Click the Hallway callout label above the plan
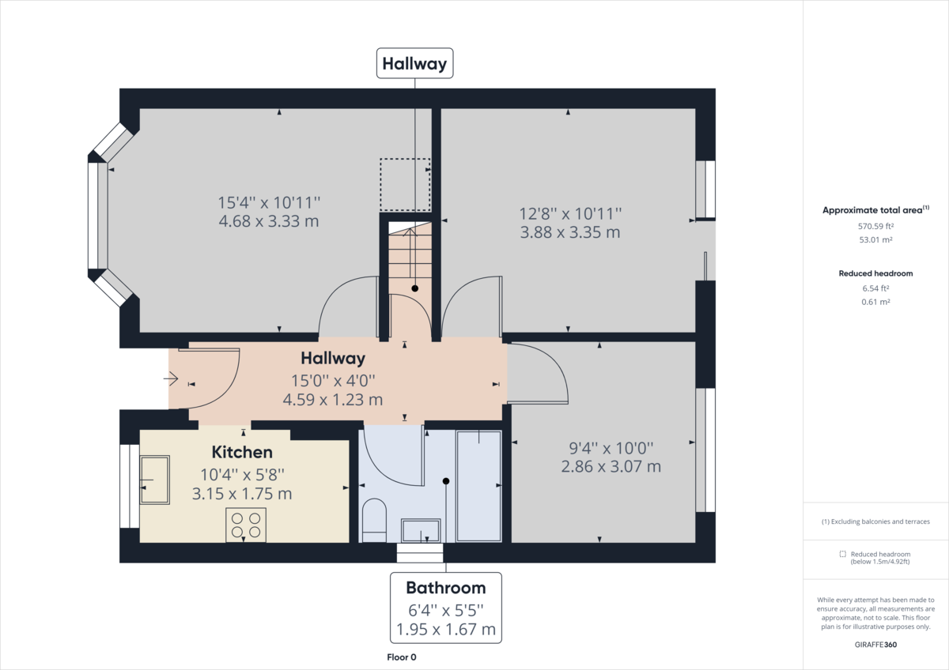[414, 63]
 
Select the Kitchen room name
[242, 453]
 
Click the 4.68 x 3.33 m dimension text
[268, 221]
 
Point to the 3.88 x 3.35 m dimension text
[569, 232]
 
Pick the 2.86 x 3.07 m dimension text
[611, 466]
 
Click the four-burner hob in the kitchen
[246, 525]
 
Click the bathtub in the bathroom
[478, 486]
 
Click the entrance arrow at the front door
[171, 379]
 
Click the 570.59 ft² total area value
[875, 226]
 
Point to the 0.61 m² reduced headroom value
[875, 302]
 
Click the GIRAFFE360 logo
[875, 644]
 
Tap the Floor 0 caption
[401, 657]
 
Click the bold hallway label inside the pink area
[333, 359]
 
